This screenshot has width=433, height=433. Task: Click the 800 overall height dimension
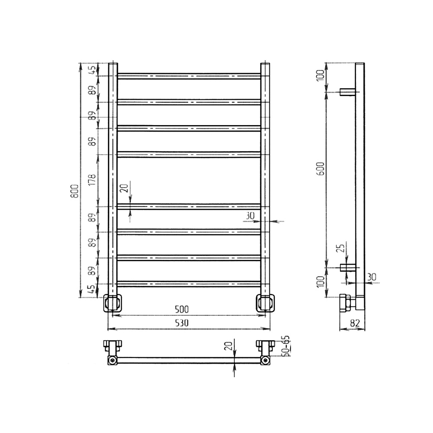[75, 191]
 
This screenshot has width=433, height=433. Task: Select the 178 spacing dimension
[93, 180]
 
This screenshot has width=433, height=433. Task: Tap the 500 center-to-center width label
[182, 309]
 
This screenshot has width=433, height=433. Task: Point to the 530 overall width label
[182, 323]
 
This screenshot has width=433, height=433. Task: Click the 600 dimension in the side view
[321, 168]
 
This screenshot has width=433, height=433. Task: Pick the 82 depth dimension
[355, 323]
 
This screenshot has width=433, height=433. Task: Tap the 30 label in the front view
[250, 215]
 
